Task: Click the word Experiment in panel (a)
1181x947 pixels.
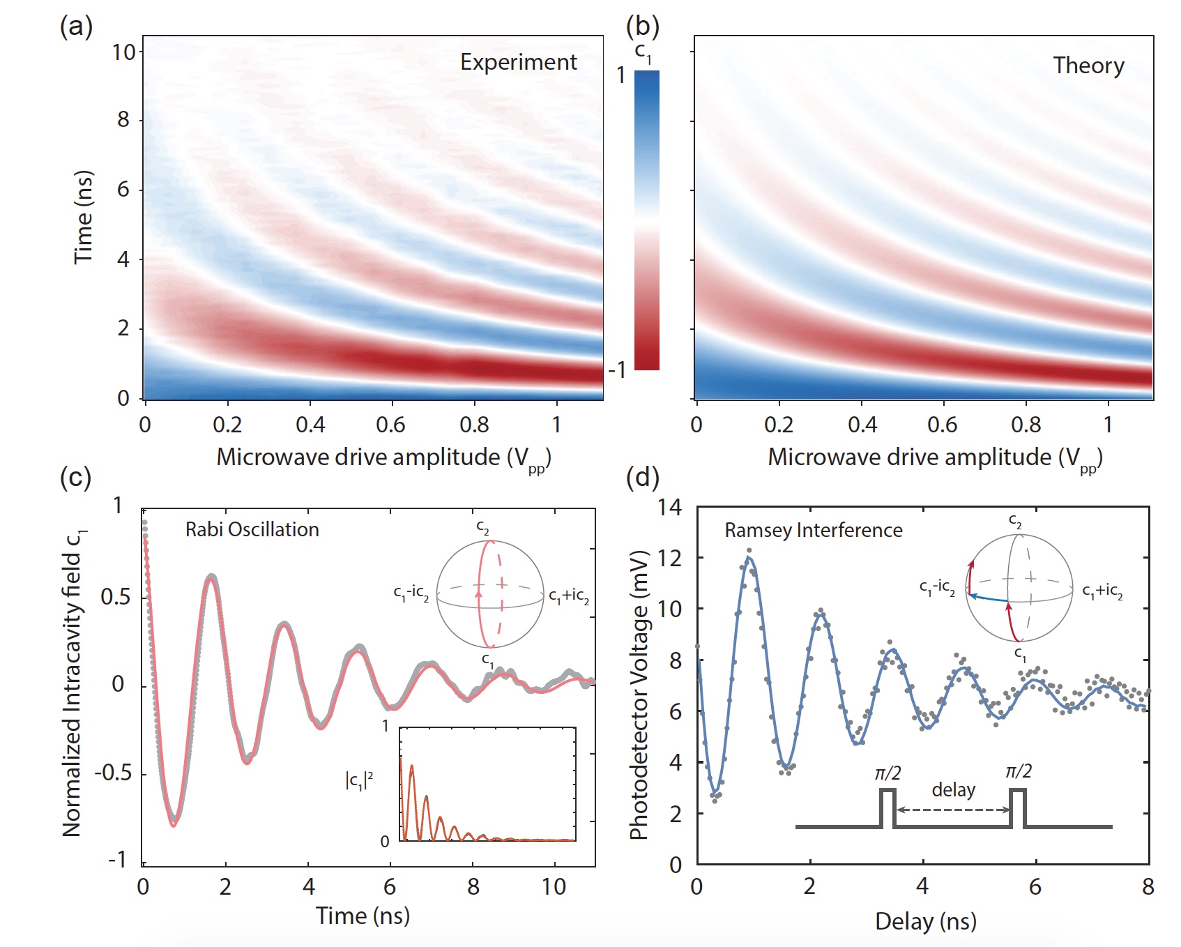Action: pyautogui.click(x=518, y=62)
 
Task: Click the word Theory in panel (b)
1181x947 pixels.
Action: pyautogui.click(x=1088, y=66)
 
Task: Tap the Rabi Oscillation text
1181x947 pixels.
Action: pyautogui.click(x=252, y=529)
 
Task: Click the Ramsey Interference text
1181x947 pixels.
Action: pyautogui.click(x=813, y=530)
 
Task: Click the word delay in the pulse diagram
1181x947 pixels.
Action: pyautogui.click(x=953, y=789)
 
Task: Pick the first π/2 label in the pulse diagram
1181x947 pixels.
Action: pyautogui.click(x=887, y=773)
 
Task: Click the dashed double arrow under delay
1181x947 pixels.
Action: pyautogui.click(x=953, y=810)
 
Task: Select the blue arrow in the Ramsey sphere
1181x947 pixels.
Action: pyautogui.click(x=989, y=598)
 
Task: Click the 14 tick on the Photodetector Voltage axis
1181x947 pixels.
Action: pyautogui.click(x=669, y=507)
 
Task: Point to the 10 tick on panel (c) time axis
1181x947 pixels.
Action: pyautogui.click(x=554, y=887)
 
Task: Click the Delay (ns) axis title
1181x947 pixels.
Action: pyautogui.click(x=925, y=921)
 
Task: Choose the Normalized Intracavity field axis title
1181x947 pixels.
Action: pyautogui.click(x=73, y=683)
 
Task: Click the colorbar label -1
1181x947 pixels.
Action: pyautogui.click(x=616, y=370)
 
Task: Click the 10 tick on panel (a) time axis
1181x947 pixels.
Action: pyautogui.click(x=124, y=52)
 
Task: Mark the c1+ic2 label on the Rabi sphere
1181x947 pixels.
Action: pyautogui.click(x=569, y=596)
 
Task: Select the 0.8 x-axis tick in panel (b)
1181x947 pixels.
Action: pyautogui.click(x=1026, y=425)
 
